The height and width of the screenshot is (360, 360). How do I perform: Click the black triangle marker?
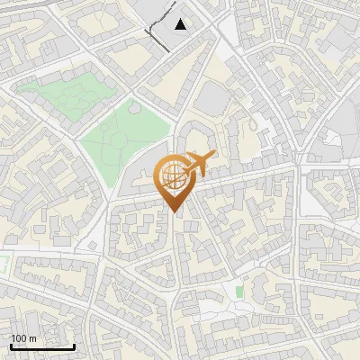click(x=181, y=24)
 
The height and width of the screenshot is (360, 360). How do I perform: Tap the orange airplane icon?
click(x=198, y=165)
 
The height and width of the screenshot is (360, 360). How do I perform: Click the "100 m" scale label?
click(x=23, y=338)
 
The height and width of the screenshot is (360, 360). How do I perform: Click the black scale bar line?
click(x=42, y=346)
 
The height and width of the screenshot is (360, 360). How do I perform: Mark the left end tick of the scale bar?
click(x=11, y=345)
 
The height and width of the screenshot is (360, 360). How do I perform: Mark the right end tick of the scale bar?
click(x=74, y=345)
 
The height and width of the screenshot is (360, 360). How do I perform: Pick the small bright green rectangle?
click(x=238, y=292)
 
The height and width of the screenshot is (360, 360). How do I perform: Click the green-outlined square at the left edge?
click(x=3, y=265)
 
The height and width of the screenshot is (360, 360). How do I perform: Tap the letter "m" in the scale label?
click(x=33, y=338)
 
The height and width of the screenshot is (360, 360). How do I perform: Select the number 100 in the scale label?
click(x=19, y=338)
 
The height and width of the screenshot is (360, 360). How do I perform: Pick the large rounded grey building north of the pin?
click(x=212, y=98)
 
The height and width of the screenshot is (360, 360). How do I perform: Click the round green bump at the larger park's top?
click(x=134, y=107)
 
